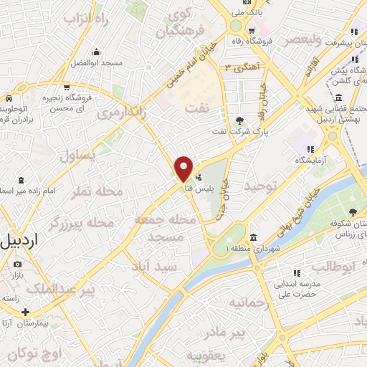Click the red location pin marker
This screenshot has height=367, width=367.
(x=183, y=168)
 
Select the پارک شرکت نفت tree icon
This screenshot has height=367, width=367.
(x=239, y=120)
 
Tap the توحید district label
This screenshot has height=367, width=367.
(x=260, y=186)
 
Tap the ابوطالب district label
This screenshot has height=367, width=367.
(x=333, y=267)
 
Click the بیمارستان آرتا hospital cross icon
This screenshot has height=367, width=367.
(x=26, y=313)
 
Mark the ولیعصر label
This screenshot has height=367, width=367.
(x=307, y=40)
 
